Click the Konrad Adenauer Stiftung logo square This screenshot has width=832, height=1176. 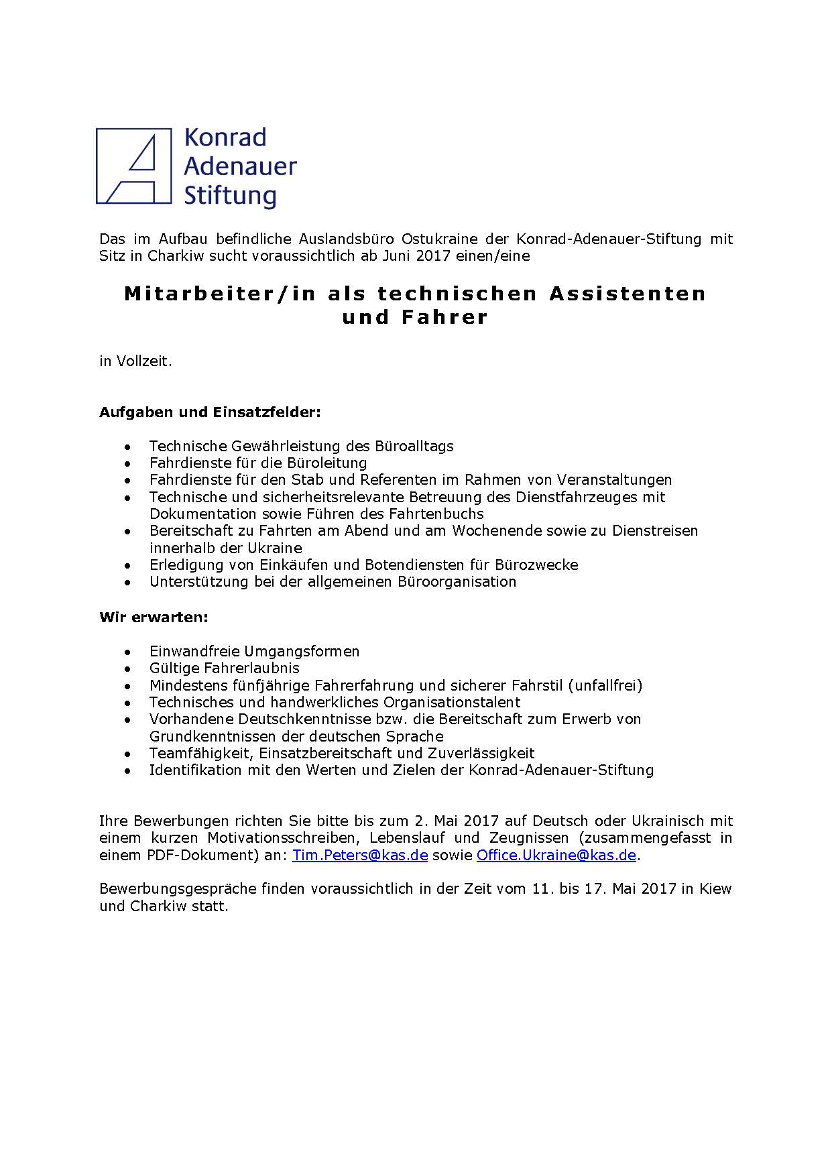pyautogui.click(x=134, y=166)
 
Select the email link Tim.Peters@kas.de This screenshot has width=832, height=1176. pyautogui.click(x=360, y=855)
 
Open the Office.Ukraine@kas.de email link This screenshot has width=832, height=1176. pyautogui.click(x=556, y=855)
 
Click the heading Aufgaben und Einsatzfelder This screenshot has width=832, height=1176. pyautogui.click(x=210, y=412)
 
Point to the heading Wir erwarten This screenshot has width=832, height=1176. pyautogui.click(x=154, y=617)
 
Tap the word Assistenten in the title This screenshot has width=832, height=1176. pyautogui.click(x=628, y=293)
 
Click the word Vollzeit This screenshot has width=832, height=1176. pyautogui.click(x=144, y=361)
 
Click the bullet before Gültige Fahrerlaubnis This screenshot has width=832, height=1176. pyautogui.click(x=128, y=668)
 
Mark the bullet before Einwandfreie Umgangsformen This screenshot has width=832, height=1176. pyautogui.click(x=128, y=652)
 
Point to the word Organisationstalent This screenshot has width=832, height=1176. pyautogui.click(x=451, y=702)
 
